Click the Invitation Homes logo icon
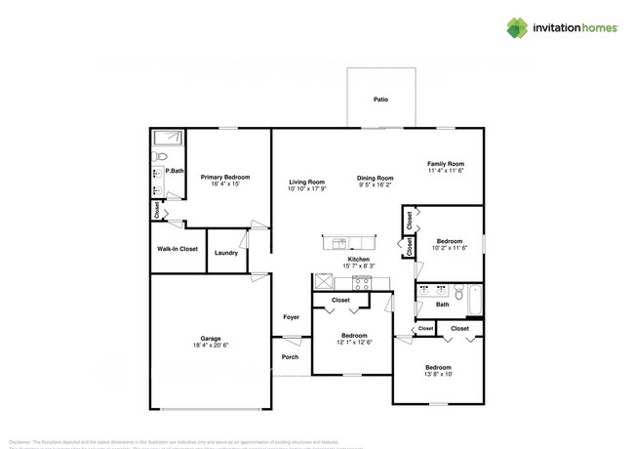[517, 28]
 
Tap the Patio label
[380, 100]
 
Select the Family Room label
[446, 163]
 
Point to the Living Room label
[306, 182]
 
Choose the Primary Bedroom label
[225, 177]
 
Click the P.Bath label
[176, 172]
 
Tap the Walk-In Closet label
[178, 249]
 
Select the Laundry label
[226, 253]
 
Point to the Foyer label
[291, 317]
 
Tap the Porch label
[290, 357]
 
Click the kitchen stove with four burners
[363, 283]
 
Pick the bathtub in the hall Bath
[475, 300]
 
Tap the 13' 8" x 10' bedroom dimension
[439, 374]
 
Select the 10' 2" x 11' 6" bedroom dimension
[450, 248]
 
